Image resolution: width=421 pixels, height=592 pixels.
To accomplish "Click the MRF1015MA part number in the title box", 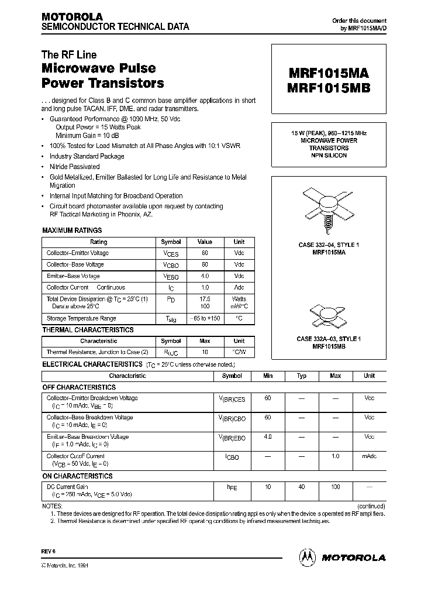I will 328,73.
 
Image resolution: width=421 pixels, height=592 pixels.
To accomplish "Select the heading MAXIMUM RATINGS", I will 72,230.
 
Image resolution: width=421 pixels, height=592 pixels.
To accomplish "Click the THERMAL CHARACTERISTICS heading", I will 88,330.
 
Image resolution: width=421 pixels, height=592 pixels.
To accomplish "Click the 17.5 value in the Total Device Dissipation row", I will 204,300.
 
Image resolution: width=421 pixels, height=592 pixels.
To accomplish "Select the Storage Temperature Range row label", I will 81,319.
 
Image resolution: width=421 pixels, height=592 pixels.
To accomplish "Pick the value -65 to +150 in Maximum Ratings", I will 204,319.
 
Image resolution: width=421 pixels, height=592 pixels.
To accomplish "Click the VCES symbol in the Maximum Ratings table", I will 171,254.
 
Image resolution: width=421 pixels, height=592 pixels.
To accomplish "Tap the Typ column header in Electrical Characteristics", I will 302,376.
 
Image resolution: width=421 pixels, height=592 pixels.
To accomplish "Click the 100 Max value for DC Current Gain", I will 335,487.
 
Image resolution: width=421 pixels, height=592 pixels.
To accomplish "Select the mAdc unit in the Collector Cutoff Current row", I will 369,456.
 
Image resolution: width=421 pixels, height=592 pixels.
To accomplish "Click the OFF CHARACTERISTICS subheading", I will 79,387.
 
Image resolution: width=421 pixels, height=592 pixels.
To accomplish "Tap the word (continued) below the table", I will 371,506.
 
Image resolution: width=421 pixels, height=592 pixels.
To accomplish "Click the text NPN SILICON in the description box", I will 328,156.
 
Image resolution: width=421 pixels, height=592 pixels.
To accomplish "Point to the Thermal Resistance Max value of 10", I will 204,352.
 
